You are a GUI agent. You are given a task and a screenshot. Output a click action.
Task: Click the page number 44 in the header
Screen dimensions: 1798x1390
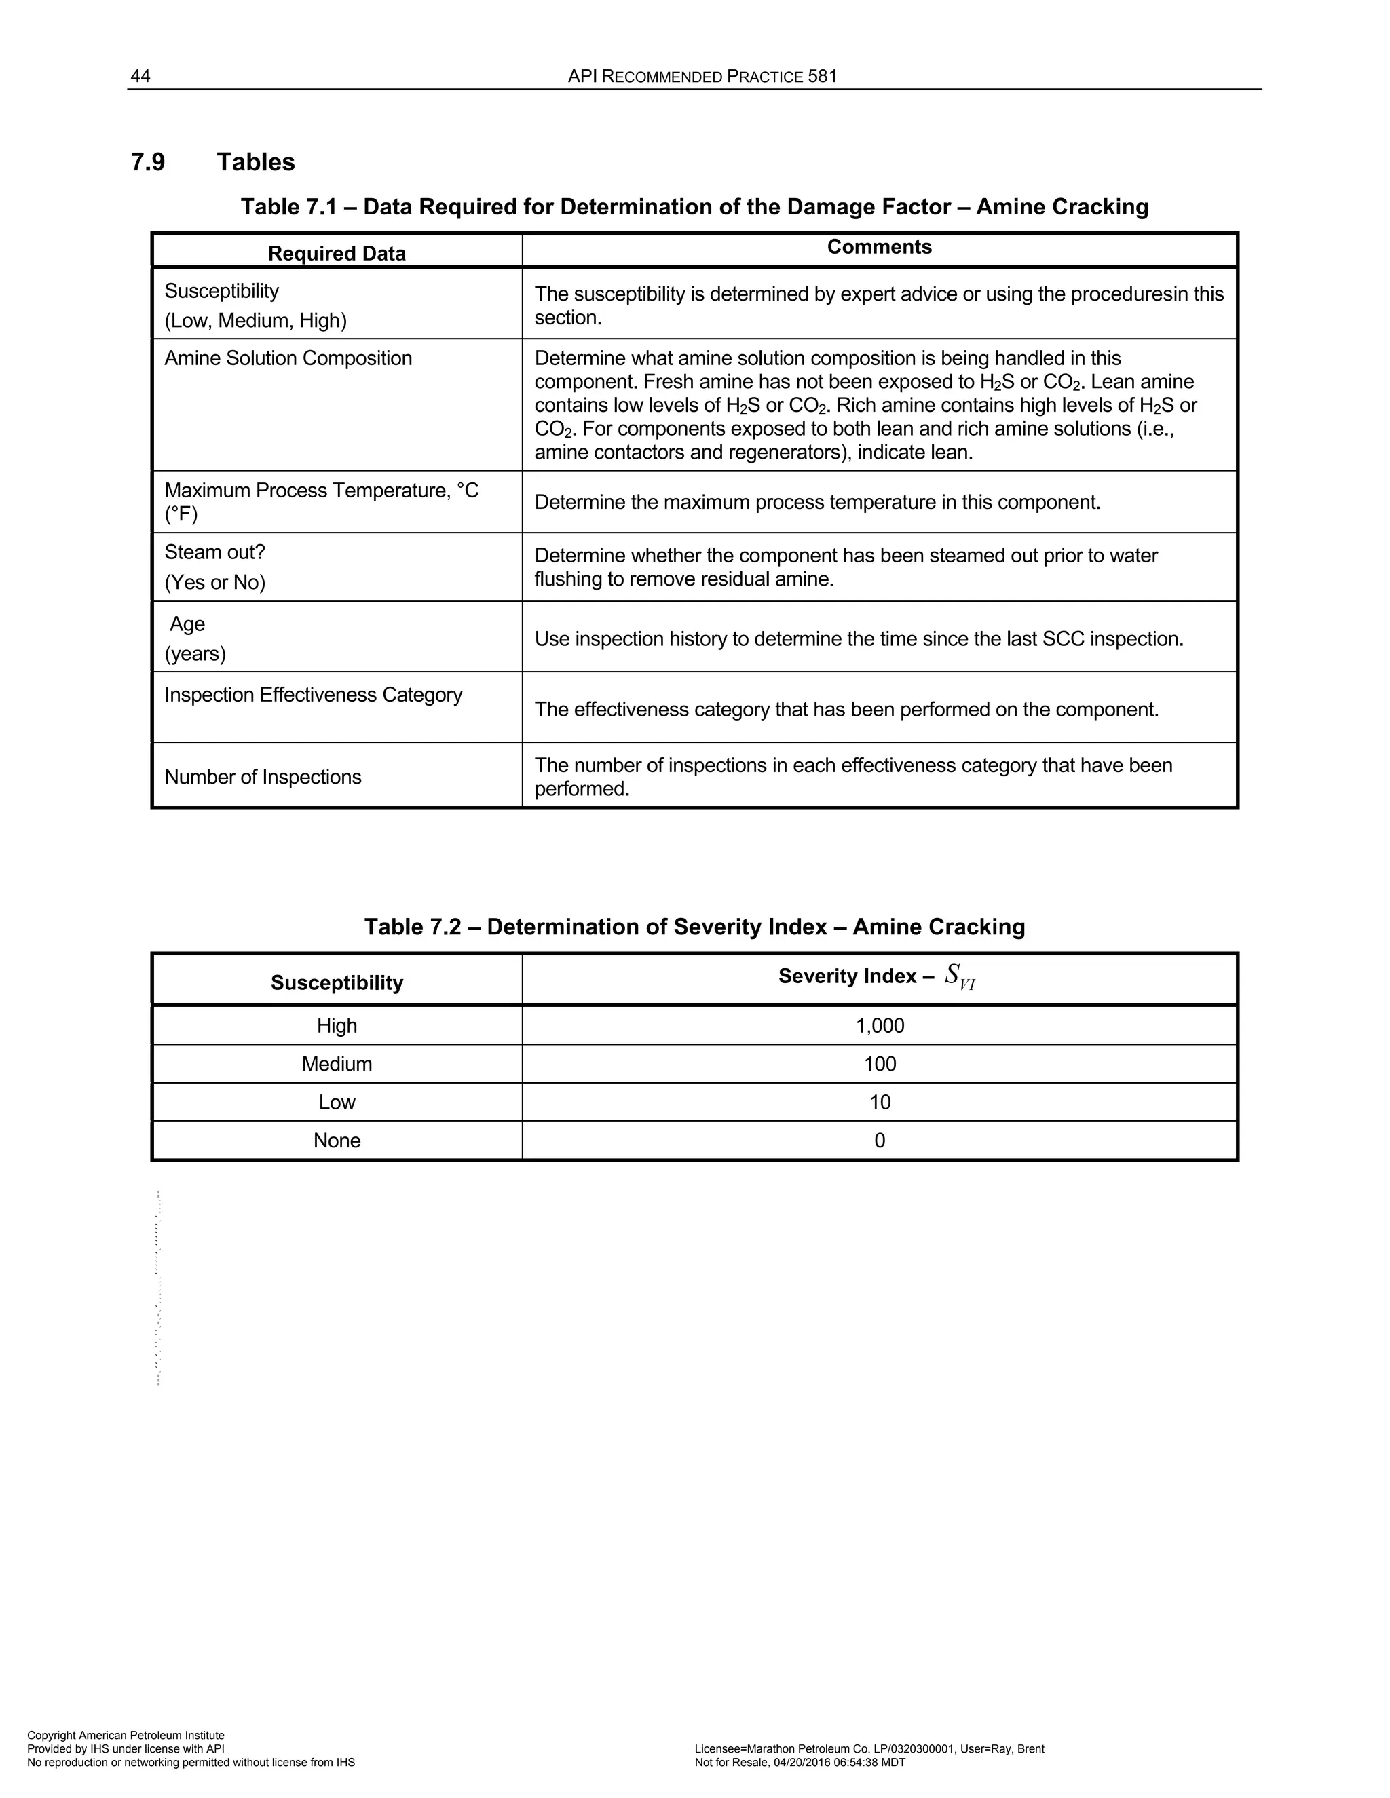pyautogui.click(x=140, y=77)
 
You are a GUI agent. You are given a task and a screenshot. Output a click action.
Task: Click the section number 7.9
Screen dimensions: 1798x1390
pyautogui.click(x=148, y=162)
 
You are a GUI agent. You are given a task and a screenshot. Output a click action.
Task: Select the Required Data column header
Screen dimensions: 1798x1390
pyautogui.click(x=337, y=254)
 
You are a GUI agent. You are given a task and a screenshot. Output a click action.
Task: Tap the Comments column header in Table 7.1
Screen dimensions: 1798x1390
pyautogui.click(x=879, y=247)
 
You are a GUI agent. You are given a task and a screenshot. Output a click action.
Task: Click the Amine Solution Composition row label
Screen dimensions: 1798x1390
pyautogui.click(x=288, y=358)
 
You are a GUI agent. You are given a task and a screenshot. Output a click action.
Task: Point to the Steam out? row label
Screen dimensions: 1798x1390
pyautogui.click(x=215, y=552)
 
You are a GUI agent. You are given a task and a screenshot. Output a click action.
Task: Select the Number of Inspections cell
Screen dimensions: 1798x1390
pyautogui.click(x=263, y=777)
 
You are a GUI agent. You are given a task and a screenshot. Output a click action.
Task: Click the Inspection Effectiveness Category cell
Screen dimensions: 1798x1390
pyautogui.click(x=313, y=695)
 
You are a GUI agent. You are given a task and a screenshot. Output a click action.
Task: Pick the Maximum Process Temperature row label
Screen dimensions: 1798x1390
pyautogui.click(x=321, y=491)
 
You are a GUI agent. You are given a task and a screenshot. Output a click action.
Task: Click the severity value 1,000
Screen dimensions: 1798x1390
pyautogui.click(x=880, y=1026)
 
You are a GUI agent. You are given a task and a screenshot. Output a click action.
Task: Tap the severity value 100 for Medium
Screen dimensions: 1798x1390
pyautogui.click(x=880, y=1064)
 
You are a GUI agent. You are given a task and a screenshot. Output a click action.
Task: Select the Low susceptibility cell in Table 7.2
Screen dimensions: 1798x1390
pyautogui.click(x=337, y=1103)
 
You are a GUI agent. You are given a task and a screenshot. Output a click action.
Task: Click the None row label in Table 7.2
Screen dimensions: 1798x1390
pyautogui.click(x=337, y=1141)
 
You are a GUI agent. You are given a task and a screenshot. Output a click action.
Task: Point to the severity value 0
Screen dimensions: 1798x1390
pyautogui.click(x=880, y=1141)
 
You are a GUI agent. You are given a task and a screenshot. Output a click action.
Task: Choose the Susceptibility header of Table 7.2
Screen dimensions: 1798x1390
pyautogui.click(x=337, y=983)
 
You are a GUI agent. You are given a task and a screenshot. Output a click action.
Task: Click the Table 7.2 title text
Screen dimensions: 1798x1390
pyautogui.click(x=694, y=927)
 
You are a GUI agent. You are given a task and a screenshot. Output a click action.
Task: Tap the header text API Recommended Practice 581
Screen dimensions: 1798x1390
pyautogui.click(x=702, y=77)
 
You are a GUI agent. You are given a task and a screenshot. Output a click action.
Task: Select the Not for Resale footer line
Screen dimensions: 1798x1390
pyautogui.click(x=800, y=1763)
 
